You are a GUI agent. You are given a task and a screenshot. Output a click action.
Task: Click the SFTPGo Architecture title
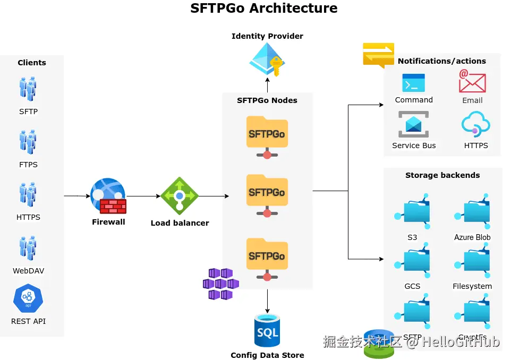tap(263, 8)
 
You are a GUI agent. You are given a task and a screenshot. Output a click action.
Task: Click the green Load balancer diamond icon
tap(180, 196)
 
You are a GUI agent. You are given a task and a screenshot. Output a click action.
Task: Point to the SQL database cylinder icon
tap(267, 331)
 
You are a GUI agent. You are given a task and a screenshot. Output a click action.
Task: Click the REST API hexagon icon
tap(28, 299)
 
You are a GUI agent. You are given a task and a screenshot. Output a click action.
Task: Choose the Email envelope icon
tap(472, 82)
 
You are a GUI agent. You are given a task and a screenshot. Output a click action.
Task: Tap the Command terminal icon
tap(413, 83)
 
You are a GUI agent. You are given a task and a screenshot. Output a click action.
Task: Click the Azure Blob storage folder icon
tap(473, 212)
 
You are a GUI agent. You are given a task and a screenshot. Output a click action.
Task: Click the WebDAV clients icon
tap(28, 248)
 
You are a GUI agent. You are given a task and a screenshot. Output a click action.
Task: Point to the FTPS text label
tap(28, 165)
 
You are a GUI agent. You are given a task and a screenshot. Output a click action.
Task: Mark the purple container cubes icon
tap(220, 284)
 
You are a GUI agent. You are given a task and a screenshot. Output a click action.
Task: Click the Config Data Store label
tap(267, 355)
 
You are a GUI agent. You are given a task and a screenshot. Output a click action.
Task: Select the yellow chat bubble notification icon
tap(378, 55)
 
